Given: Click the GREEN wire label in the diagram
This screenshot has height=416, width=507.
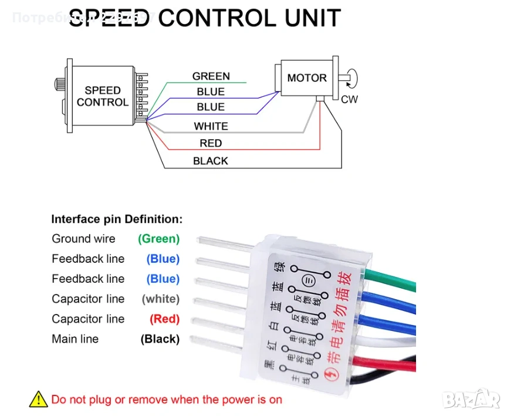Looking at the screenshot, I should pos(211,76).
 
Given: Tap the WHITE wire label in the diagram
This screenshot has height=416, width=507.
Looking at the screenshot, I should pos(211,126).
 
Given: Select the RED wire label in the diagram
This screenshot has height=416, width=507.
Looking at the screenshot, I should pos(211,143).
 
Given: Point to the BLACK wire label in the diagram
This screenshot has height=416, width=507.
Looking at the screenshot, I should pos(211,161).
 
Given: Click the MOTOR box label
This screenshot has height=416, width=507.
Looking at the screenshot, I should pos(306,78).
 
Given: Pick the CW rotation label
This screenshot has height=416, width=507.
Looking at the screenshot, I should pos(349,99).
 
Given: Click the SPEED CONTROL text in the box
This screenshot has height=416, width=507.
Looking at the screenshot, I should pos(103,96).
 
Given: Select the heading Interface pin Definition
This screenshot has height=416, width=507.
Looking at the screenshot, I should pos(117,219).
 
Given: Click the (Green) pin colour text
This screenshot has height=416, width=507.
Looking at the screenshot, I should pos(158,239).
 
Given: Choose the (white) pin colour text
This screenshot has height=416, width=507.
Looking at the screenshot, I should pos(160,299).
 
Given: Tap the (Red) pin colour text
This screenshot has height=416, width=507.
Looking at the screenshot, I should pos(164,319).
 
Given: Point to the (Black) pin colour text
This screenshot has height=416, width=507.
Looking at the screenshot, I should pos(160,339).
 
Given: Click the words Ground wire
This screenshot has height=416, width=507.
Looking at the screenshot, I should pos(83,239).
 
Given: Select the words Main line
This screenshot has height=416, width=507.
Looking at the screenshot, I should pos(75,339).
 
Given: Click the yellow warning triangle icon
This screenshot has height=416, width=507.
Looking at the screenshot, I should pos(38,400).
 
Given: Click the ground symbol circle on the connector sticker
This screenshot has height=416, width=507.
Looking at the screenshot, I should pos(307,280).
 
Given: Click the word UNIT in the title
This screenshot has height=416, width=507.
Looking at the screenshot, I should pos(312,18).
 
